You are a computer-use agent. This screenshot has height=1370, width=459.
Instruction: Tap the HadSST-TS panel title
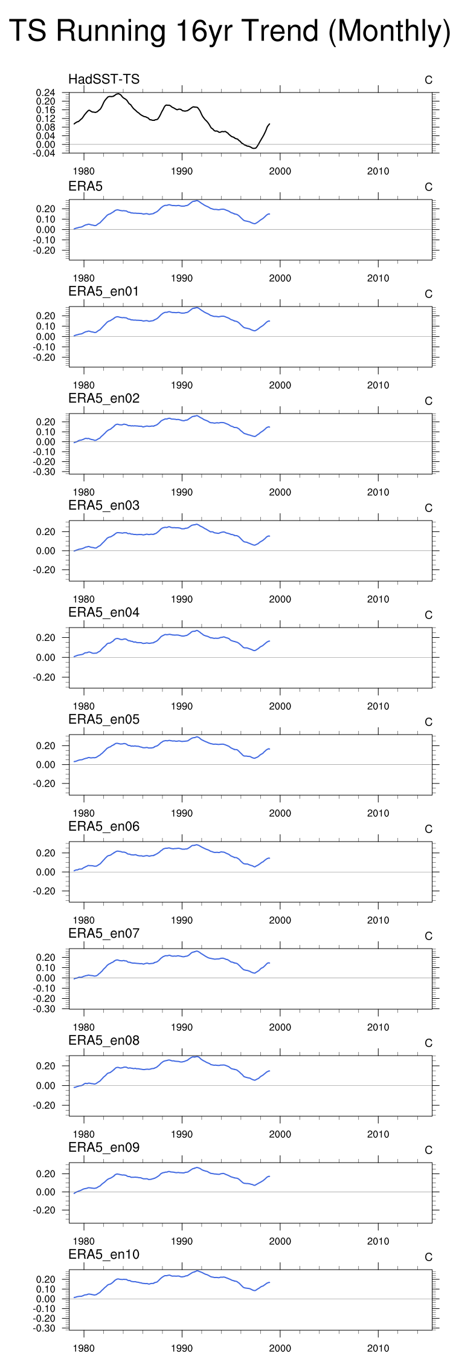click(104, 79)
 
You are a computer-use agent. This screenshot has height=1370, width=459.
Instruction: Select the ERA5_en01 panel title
click(104, 291)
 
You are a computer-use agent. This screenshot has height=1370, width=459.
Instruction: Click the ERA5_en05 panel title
click(104, 719)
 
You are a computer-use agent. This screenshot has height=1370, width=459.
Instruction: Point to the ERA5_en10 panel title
click(104, 1255)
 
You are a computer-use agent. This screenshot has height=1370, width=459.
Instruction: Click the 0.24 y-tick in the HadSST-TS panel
click(46, 93)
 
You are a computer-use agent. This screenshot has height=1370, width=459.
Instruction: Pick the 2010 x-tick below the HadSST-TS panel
click(378, 171)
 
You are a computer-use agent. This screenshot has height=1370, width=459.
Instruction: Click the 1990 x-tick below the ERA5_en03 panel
click(182, 599)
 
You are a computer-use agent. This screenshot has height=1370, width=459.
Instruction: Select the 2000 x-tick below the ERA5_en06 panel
click(280, 920)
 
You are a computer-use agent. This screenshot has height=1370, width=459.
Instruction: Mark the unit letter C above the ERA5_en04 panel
click(428, 615)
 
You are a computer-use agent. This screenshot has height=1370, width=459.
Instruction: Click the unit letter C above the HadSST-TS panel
click(428, 80)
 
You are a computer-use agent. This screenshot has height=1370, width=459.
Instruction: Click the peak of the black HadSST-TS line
click(117, 94)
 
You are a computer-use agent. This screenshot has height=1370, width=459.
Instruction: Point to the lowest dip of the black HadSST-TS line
click(255, 148)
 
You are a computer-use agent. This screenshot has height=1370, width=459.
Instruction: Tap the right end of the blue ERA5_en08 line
click(269, 1071)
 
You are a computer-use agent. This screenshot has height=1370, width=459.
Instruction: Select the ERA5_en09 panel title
click(104, 1148)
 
